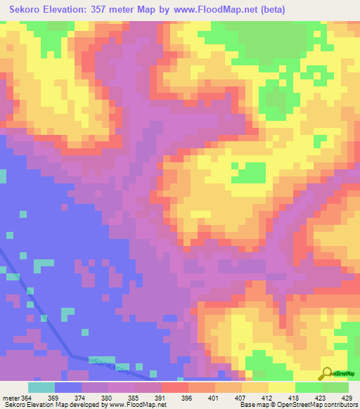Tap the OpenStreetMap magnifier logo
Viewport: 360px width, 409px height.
click(328, 372)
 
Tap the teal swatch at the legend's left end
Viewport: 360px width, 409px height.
click(41, 387)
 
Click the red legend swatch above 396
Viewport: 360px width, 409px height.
click(175, 387)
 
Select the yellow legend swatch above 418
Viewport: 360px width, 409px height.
click(282, 387)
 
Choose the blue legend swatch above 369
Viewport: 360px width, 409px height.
click(68, 387)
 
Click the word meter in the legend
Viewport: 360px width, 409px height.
click(10, 398)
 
